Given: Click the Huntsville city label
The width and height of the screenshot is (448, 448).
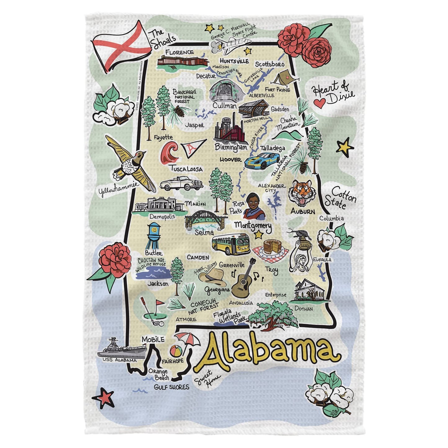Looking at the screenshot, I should [x=234, y=61].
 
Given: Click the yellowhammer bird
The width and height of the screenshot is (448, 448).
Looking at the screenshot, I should [x=132, y=163].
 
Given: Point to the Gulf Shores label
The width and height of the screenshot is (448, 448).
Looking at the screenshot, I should [x=171, y=387].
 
